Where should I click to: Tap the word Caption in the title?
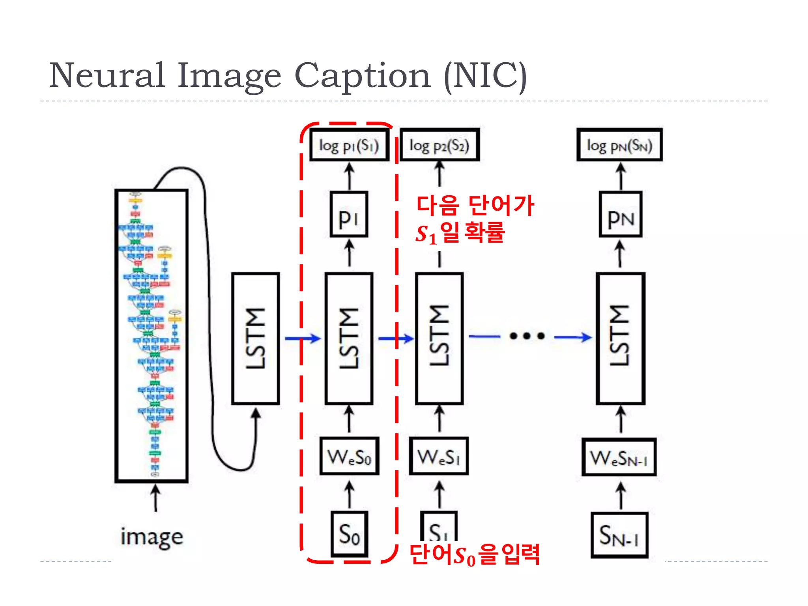362,76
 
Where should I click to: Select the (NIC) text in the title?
485,76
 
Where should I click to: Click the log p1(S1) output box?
349,145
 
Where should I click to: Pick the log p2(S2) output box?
440,145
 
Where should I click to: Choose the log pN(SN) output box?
619,145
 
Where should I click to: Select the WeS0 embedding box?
350,456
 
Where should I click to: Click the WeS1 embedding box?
439,456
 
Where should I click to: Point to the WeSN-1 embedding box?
619,458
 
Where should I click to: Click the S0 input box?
350,534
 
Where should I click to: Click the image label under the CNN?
152,537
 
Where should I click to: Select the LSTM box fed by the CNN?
256,339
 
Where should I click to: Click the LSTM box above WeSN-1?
621,339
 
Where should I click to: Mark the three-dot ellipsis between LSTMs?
527,336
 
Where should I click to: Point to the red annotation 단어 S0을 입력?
474,554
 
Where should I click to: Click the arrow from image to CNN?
156,498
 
